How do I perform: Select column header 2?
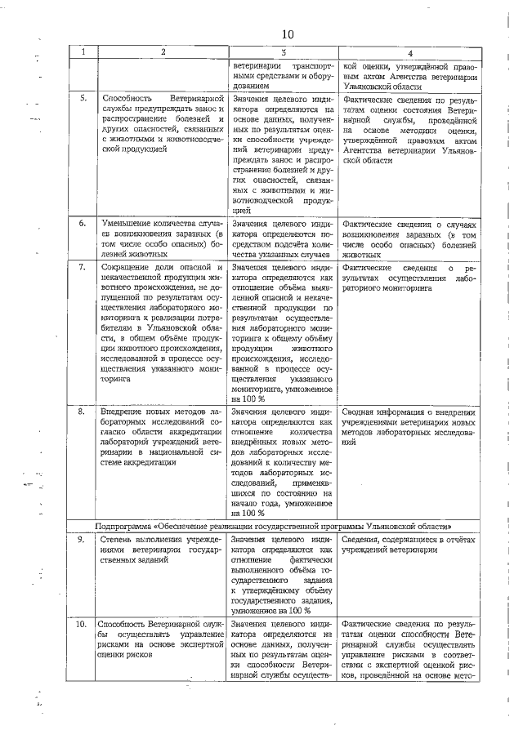coord(162,53)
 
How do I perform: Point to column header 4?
coord(409,53)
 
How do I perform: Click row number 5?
coord(83,99)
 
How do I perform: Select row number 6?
coord(83,223)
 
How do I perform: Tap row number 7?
coord(83,267)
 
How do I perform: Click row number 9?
coord(83,540)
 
